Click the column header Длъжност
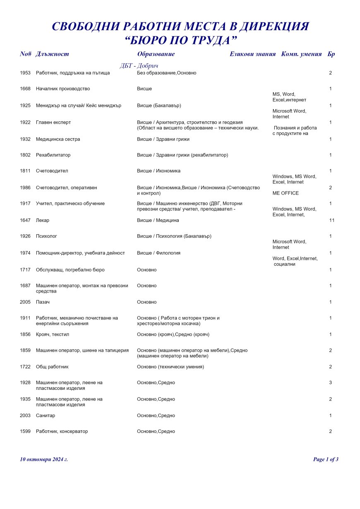(52, 54)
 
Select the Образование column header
(156, 54)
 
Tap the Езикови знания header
(252, 54)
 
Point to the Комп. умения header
(301, 54)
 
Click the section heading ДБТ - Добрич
(139, 66)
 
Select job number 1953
(25, 73)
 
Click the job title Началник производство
(63, 89)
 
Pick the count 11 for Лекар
(331, 220)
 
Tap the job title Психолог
(46, 236)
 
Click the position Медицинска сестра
(58, 139)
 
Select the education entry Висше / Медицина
(158, 220)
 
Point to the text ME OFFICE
(286, 193)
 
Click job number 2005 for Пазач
(25, 302)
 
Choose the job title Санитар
(46, 415)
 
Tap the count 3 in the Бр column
(331, 383)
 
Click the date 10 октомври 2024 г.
(44, 459)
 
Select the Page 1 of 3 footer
(326, 459)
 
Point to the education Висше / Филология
(158, 253)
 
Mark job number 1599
(25, 432)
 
